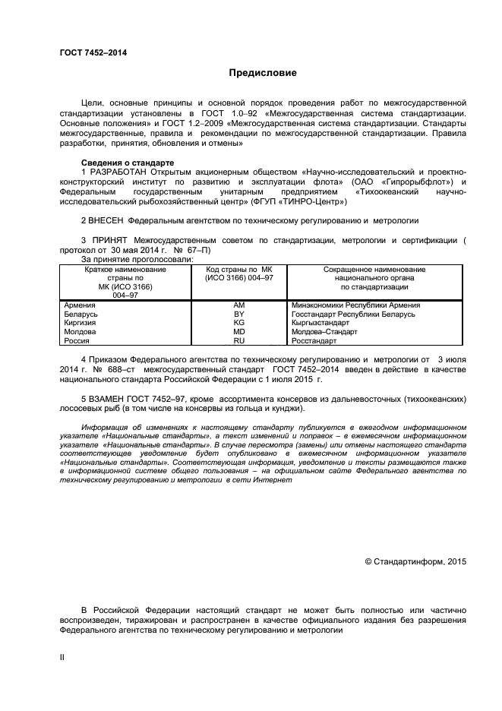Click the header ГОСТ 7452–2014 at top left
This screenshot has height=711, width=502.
93,52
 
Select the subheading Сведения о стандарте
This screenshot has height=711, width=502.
128,163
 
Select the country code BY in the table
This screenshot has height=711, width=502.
238,314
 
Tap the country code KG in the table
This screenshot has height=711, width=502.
238,323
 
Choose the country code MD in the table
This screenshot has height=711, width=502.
238,332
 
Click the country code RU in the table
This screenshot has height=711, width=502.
238,341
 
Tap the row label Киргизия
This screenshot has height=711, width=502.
80,323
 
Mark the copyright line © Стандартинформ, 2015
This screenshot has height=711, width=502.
415,561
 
